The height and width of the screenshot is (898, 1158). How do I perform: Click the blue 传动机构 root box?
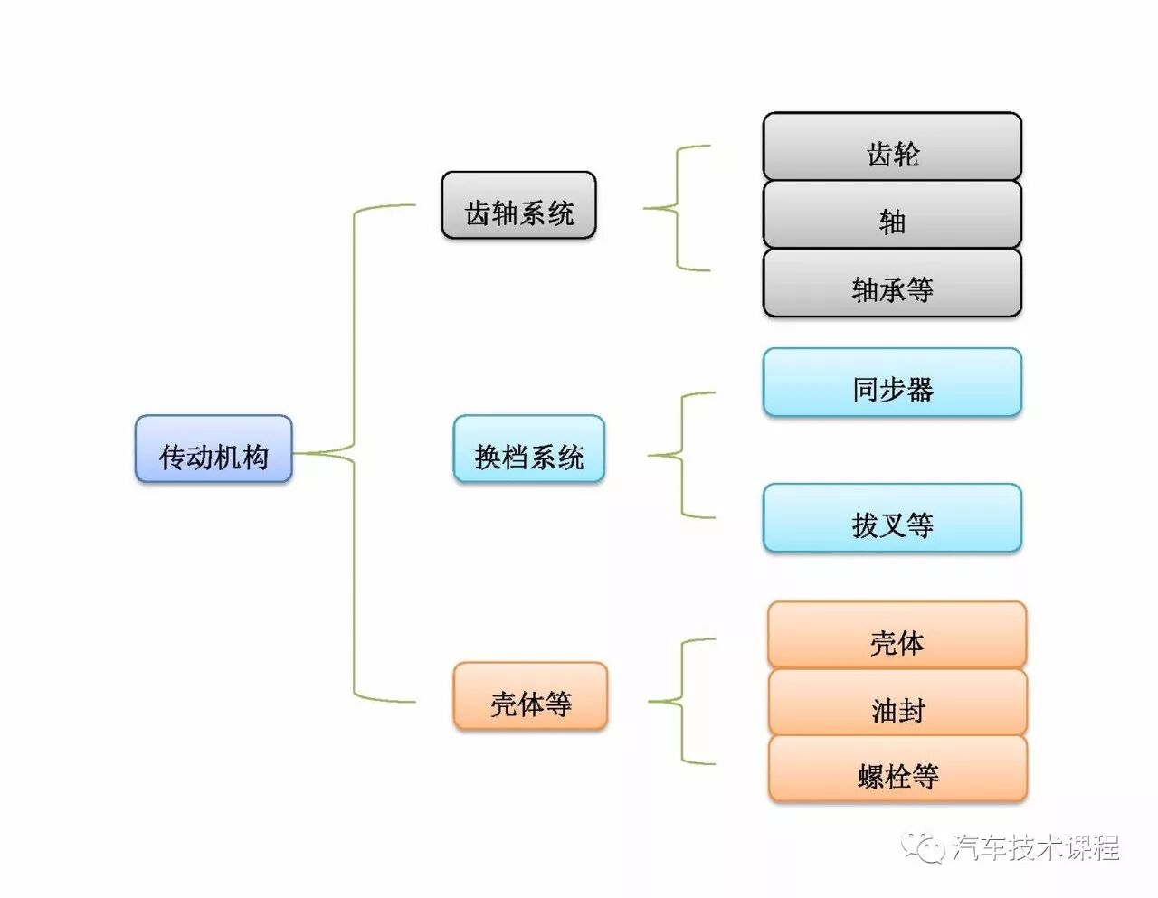pyautogui.click(x=214, y=449)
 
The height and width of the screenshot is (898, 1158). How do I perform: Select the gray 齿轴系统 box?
pyautogui.click(x=518, y=205)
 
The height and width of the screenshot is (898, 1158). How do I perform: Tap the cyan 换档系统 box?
pyautogui.click(x=528, y=449)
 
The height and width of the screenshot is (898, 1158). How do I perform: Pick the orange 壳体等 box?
pyautogui.click(x=530, y=695)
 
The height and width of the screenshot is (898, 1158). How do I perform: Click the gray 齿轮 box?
pyautogui.click(x=892, y=147)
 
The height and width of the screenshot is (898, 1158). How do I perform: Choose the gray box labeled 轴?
pyautogui.click(x=892, y=215)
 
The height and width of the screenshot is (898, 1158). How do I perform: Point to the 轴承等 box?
pyautogui.click(x=892, y=283)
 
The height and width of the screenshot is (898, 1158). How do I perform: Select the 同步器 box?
pyautogui.click(x=892, y=383)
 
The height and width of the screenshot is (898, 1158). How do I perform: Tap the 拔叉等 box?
pyautogui.click(x=892, y=518)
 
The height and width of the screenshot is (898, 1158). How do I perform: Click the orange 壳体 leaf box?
pyautogui.click(x=897, y=636)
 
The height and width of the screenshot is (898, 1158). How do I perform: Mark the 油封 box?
pyautogui.click(x=897, y=703)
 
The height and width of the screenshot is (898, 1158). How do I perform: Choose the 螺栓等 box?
pyautogui.click(x=897, y=770)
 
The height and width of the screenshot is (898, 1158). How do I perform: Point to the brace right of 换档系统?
pyautogui.click(x=681, y=455)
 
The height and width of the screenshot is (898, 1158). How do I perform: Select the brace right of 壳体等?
pyautogui.click(x=681, y=702)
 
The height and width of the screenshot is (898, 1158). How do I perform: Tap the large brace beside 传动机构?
pyautogui.click(x=354, y=452)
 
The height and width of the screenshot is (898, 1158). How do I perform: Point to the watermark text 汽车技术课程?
pyautogui.click(x=1035, y=847)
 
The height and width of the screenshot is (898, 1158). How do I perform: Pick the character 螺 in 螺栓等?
pyautogui.click(x=870, y=777)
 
